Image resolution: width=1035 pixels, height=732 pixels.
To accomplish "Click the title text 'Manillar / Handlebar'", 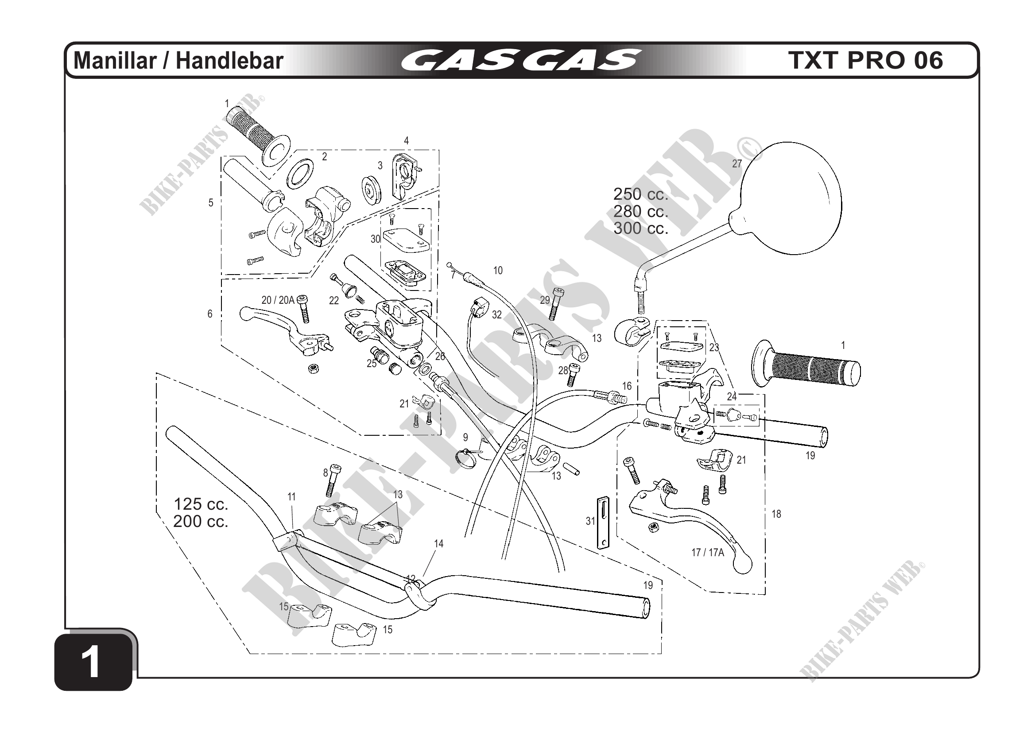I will [178, 61].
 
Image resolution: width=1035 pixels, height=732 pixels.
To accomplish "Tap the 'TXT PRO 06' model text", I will [865, 60].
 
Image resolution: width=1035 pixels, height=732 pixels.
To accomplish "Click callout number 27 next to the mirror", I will [737, 164].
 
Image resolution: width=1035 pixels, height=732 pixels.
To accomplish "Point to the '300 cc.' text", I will [640, 229].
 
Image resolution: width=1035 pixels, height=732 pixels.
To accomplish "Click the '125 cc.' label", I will [201, 503].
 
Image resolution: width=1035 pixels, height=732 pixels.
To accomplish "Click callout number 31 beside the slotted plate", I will [590, 521].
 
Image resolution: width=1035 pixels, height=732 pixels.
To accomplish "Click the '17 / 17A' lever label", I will [707, 553].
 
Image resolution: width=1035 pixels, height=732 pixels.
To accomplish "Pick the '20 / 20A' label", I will [278, 300].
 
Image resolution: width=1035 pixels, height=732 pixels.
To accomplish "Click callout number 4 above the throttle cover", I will [406, 141].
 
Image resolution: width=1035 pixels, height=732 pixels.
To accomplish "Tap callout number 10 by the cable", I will [498, 271].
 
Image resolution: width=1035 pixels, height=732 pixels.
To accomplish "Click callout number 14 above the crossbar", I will [438, 544].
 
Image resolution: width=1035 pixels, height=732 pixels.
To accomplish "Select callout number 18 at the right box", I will [776, 514].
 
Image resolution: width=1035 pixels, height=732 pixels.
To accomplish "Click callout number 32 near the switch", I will [497, 314].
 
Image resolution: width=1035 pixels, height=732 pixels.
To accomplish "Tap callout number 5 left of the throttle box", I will [210, 203].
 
